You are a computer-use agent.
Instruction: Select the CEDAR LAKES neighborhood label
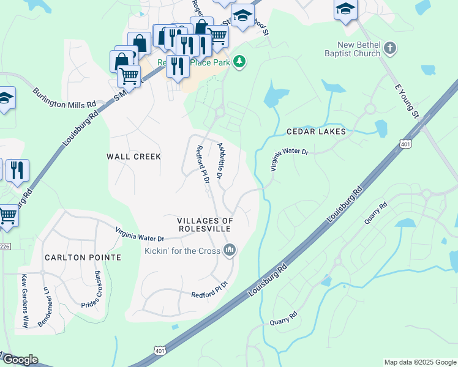click(x=316, y=132)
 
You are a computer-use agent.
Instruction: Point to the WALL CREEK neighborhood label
click(x=133, y=157)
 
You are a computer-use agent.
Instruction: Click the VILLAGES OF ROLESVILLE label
click(x=205, y=224)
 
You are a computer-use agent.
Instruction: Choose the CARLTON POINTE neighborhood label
click(x=83, y=258)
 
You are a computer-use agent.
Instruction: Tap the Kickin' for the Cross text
click(x=182, y=250)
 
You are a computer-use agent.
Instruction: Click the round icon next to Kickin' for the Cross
click(x=230, y=250)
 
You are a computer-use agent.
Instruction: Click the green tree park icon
click(x=239, y=61)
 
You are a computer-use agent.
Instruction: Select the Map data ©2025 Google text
click(x=419, y=362)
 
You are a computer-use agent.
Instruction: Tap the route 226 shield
click(x=5, y=247)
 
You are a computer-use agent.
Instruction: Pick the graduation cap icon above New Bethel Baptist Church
click(x=345, y=9)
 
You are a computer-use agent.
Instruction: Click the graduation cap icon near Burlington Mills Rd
click(x=5, y=98)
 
